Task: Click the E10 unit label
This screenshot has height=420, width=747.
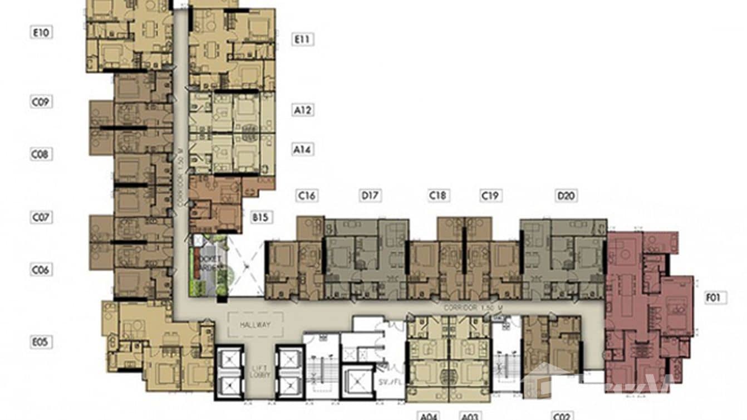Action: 41,32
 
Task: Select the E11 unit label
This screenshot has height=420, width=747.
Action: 303,39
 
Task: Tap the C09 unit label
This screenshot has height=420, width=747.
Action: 41,102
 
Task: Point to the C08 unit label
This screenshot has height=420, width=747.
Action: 41,154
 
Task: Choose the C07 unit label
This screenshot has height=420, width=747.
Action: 41,217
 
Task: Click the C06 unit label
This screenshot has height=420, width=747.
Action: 41,270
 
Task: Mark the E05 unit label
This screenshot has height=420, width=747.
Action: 41,342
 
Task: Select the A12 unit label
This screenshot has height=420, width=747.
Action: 303,110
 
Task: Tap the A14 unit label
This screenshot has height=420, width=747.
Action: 303,149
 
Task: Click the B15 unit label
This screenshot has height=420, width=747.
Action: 261,217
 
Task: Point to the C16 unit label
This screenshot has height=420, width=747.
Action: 307,196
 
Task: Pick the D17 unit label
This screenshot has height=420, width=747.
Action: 370,196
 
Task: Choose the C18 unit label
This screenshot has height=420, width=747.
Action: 438,196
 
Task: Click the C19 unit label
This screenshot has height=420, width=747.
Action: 490,196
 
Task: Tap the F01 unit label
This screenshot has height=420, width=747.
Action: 713,298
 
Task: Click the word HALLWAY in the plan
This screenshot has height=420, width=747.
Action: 255,325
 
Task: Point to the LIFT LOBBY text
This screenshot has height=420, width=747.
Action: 261,371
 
